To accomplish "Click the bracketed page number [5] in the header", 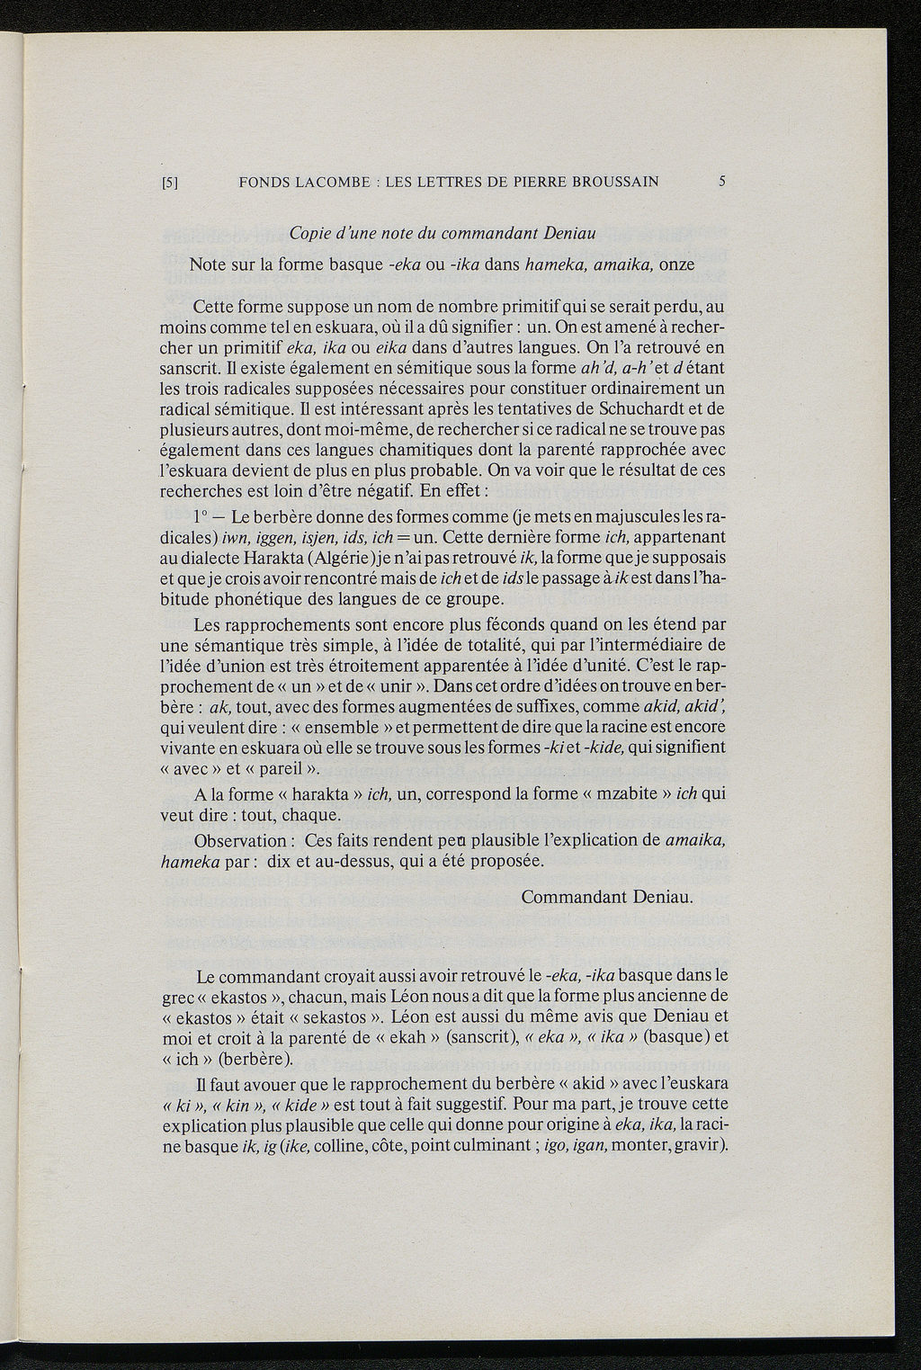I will (170, 182).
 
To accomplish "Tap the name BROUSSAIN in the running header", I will (613, 181).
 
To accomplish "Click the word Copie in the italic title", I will (311, 234).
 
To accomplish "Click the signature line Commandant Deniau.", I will (606, 897).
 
